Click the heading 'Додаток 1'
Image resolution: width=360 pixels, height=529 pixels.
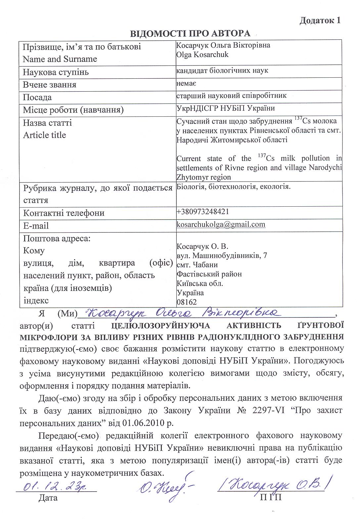320,20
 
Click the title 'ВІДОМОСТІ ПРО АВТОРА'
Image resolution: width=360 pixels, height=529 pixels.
190,34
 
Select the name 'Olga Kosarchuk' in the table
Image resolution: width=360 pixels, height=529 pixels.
202,55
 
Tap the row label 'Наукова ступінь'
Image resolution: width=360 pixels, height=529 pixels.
56,72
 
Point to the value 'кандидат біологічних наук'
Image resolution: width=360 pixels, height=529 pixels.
222,70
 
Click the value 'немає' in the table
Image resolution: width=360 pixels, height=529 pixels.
187,83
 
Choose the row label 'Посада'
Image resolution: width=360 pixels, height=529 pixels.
37,98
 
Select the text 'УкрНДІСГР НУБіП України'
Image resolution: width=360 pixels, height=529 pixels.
226,108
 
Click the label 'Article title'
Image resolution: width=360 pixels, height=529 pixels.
44,135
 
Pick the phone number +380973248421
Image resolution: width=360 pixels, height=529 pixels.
203,211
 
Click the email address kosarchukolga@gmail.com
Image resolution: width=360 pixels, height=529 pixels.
221,224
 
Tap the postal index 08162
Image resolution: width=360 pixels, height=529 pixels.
187,302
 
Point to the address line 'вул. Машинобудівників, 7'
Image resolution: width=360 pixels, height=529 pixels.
222,256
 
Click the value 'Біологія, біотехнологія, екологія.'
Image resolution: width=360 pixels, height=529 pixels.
234,187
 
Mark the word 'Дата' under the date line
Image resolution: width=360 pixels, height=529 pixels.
48,498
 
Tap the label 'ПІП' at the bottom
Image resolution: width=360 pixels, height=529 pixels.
271,497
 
